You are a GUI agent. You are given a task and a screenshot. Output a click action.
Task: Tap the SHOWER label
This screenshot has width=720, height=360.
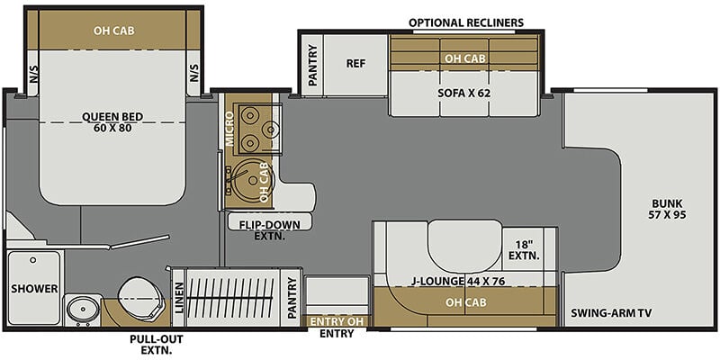pyautogui.click(x=34, y=289)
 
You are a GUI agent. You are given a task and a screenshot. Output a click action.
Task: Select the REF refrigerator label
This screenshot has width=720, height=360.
pyautogui.click(x=355, y=63)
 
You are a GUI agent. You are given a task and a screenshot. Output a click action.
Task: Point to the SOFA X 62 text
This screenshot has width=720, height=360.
pyautogui.click(x=463, y=93)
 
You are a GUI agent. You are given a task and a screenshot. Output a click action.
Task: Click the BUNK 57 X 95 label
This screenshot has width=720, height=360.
pyautogui.click(x=667, y=209)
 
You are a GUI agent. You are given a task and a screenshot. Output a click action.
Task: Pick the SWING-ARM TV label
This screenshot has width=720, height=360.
pyautogui.click(x=612, y=313)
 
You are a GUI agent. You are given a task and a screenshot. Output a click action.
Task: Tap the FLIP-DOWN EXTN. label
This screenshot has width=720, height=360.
pyautogui.click(x=269, y=230)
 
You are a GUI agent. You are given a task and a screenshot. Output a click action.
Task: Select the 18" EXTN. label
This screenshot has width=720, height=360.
pyautogui.click(x=524, y=250)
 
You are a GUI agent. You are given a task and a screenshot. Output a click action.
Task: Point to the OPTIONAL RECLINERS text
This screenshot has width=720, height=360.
pyautogui.click(x=466, y=22)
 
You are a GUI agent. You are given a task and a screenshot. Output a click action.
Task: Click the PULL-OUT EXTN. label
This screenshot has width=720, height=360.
pyautogui.click(x=156, y=345)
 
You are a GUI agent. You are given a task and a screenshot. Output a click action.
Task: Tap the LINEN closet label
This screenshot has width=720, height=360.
pyautogui.click(x=178, y=298)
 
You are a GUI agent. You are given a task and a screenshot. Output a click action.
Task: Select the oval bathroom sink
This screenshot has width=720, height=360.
pyautogui.click(x=83, y=310)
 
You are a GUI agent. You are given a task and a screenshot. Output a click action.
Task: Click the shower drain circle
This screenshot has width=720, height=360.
pyautogui.click(x=32, y=260)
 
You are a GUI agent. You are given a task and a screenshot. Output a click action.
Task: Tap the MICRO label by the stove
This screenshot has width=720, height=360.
pyautogui.click(x=229, y=129)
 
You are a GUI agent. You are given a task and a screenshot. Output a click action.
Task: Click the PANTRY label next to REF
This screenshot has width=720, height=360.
pyautogui.click(x=313, y=65)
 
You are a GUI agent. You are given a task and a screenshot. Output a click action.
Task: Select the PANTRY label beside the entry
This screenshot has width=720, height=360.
pyautogui.click(x=291, y=299)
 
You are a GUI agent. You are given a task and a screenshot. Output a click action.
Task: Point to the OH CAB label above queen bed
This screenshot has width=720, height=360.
pyautogui.click(x=114, y=31)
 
